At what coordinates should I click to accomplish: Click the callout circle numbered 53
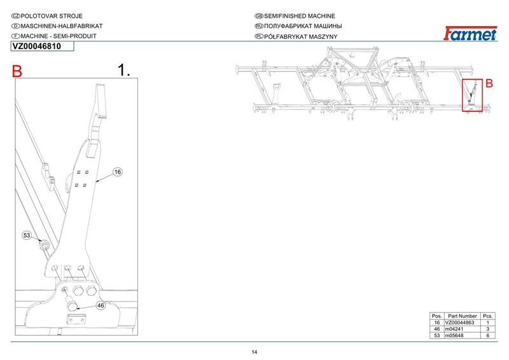click(x=27, y=235)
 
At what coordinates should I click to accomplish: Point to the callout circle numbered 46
click(x=101, y=305)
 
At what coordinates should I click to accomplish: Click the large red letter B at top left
click(x=17, y=73)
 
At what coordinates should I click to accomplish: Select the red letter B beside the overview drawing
click(x=489, y=83)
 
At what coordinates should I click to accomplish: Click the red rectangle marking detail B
click(x=472, y=95)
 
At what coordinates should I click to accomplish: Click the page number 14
click(x=254, y=352)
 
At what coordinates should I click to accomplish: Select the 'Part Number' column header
click(x=462, y=316)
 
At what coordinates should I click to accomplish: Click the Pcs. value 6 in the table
click(x=487, y=335)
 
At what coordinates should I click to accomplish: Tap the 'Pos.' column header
click(x=436, y=316)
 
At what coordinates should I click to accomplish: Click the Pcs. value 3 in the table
click(x=487, y=329)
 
